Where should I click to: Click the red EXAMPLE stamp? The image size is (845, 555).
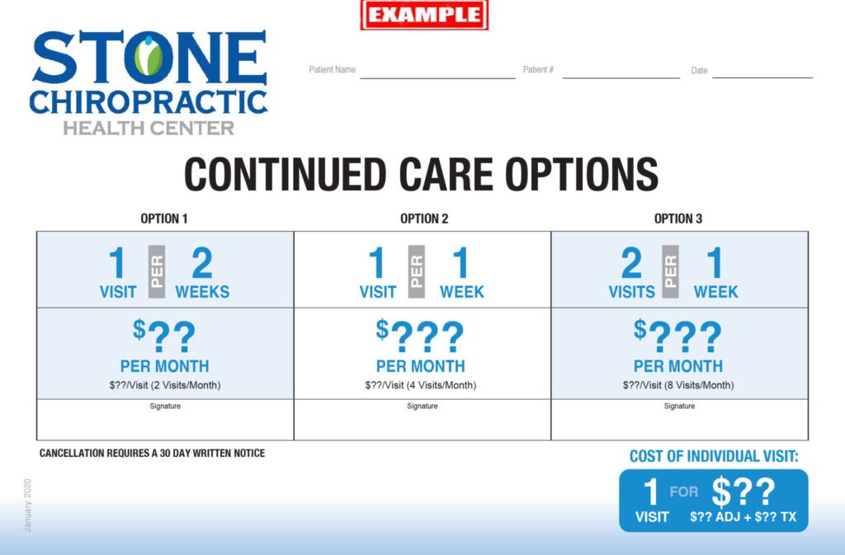pyautogui.click(x=425, y=15)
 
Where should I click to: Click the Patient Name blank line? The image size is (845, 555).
pyautogui.click(x=437, y=78)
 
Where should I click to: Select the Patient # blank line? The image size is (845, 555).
pyautogui.click(x=621, y=78)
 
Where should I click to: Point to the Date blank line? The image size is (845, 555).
pyautogui.click(x=762, y=78)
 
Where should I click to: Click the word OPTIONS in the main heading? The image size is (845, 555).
pyautogui.click(x=582, y=174)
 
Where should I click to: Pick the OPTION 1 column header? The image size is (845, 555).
pyautogui.click(x=164, y=219)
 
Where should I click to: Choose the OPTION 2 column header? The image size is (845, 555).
pyautogui.click(x=424, y=219)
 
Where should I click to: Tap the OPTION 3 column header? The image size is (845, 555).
pyautogui.click(x=678, y=219)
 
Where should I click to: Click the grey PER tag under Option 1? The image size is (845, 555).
pyautogui.click(x=157, y=271)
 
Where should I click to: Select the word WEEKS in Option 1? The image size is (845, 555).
pyautogui.click(x=202, y=292)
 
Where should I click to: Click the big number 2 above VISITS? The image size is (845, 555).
pyautogui.click(x=631, y=263)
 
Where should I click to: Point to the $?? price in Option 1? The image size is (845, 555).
pyautogui.click(x=164, y=336)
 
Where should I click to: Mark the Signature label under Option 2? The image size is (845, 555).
pyautogui.click(x=422, y=406)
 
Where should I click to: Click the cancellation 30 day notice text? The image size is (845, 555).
pyautogui.click(x=152, y=454)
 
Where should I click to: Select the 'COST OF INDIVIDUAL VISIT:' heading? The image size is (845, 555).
pyautogui.click(x=714, y=457)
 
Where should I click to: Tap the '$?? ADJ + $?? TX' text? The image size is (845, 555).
pyautogui.click(x=744, y=517)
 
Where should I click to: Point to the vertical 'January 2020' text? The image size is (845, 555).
pyautogui.click(x=27, y=506)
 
